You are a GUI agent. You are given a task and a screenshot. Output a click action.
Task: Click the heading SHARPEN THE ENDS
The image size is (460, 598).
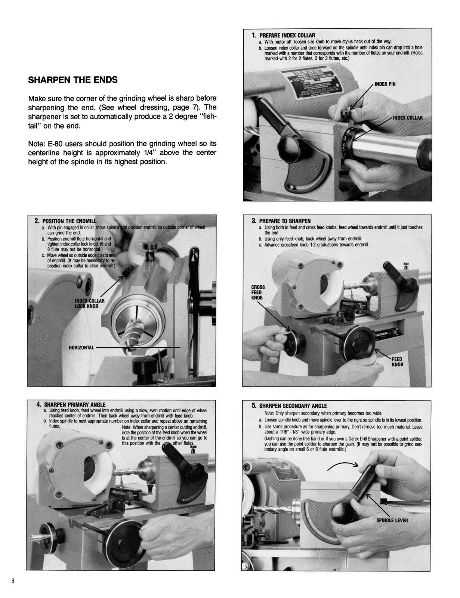point(73,80)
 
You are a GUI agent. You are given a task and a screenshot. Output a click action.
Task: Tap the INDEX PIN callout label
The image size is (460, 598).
point(385,84)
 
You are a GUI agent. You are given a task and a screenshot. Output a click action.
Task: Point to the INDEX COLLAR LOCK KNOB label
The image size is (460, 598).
point(90,303)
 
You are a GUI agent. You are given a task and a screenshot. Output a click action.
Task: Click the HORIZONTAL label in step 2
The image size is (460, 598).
point(81,348)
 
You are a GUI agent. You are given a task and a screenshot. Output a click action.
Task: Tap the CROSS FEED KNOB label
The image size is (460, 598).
point(258,292)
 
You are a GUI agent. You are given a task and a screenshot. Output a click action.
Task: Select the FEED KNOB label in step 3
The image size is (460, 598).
point(397,362)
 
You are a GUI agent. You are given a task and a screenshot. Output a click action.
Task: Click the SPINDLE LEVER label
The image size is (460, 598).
point(392,520)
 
